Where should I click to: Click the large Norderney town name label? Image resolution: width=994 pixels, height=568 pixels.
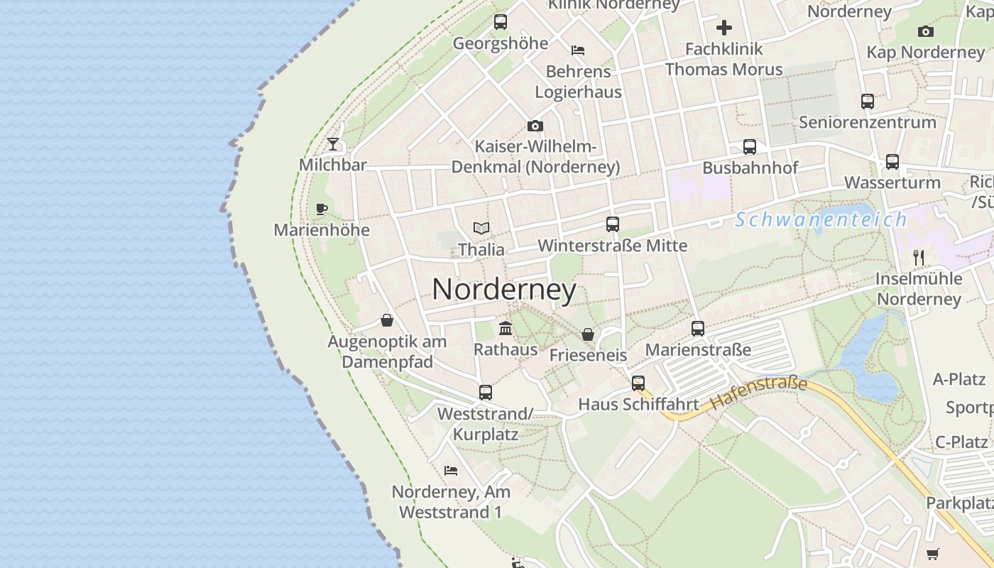pos(504,289)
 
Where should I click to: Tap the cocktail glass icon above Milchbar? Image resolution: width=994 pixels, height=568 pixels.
pos(333,145)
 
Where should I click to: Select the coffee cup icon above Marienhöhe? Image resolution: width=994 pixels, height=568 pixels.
pos(322,209)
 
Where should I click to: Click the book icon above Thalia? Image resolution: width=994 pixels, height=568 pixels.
pos(481,229)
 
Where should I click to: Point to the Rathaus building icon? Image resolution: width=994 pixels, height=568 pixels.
pos(506,328)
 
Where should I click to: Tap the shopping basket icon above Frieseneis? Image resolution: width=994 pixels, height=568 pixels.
pos(588,334)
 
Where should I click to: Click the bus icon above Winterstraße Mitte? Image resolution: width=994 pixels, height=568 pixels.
pos(613,224)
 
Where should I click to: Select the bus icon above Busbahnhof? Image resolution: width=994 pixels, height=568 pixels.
pos(750,147)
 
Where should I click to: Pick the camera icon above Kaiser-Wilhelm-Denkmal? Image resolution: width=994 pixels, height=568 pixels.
pos(535,126)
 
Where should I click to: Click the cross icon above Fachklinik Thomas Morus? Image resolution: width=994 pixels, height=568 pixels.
pos(724,28)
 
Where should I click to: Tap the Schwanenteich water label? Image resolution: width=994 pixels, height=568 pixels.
pos(821,219)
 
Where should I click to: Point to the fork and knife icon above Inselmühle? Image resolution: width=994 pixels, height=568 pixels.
pos(919,257)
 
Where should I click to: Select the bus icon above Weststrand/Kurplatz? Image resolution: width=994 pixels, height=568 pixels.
pos(486,392)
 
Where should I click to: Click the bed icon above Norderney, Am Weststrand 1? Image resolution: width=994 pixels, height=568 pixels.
pos(451,470)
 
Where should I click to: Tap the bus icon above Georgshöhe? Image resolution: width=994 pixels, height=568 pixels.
pos(501,22)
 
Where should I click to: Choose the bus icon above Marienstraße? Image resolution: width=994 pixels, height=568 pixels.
pos(698,329)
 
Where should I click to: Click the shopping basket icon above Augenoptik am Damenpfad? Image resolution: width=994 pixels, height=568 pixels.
pos(387,320)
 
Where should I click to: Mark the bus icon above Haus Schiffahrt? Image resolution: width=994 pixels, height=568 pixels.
pos(638,383)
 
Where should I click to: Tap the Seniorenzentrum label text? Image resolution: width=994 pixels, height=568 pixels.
pos(868,122)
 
